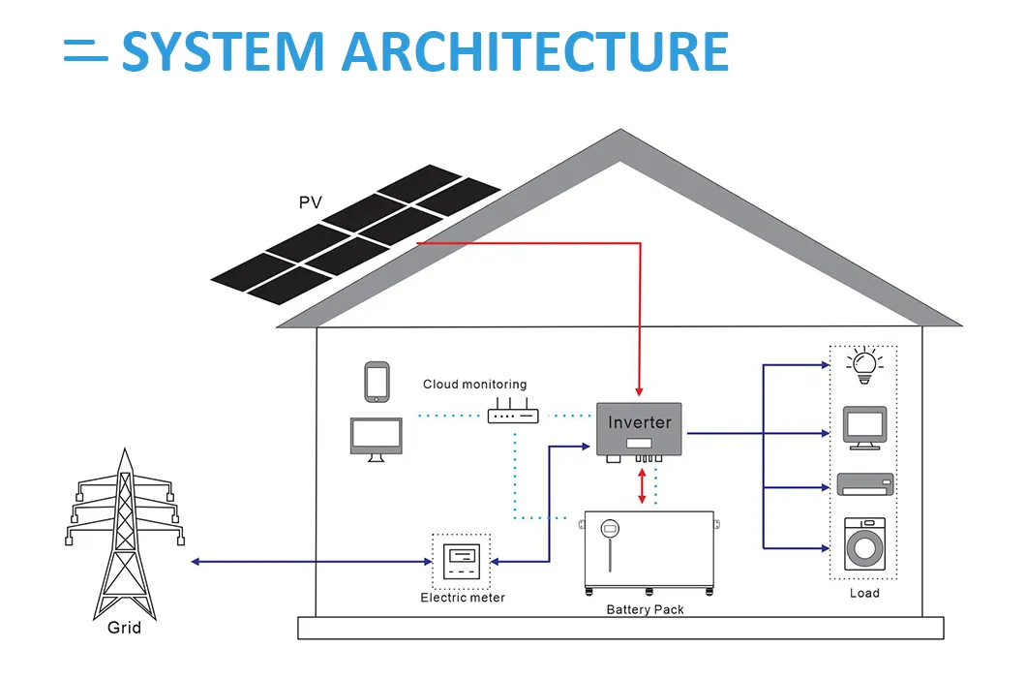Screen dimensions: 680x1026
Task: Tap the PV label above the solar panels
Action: click(310, 203)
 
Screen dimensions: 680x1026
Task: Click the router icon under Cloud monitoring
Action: click(512, 416)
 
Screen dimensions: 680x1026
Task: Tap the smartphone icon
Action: click(377, 382)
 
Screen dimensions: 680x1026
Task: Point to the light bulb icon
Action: click(863, 364)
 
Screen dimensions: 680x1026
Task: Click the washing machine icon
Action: click(864, 543)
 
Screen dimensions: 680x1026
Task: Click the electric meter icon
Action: click(461, 562)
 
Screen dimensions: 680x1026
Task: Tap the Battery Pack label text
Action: click(645, 609)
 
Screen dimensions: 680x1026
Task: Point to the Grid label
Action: click(124, 628)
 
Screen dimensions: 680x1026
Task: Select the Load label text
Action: click(864, 593)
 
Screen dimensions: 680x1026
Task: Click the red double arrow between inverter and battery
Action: click(641, 485)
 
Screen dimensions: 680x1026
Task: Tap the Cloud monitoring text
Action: click(474, 385)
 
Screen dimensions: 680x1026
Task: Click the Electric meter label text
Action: click(462, 598)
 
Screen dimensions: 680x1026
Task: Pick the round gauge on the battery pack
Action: click(610, 529)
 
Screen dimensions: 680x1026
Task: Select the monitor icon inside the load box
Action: click(864, 427)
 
